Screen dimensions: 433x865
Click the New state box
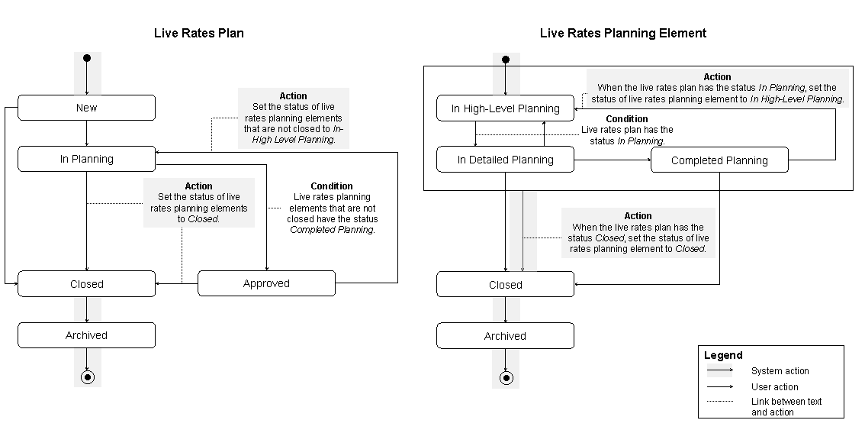point(86,108)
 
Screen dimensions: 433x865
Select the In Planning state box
point(86,159)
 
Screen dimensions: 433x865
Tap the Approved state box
point(266,283)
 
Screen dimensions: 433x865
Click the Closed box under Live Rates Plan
point(86,283)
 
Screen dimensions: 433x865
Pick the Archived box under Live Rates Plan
point(86,335)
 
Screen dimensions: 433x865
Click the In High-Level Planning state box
point(505,108)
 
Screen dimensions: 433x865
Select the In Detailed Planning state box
point(505,160)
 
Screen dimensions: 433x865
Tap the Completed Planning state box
point(719,160)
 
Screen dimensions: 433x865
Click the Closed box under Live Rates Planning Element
point(505,285)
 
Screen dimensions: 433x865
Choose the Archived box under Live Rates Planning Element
point(505,336)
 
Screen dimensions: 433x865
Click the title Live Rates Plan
point(199,33)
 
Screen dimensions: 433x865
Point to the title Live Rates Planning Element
point(623,33)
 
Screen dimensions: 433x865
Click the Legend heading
point(723,355)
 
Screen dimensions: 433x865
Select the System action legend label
point(780,371)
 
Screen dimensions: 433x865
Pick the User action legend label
point(775,387)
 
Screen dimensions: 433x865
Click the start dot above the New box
point(87,58)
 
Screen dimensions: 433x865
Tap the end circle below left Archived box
point(87,376)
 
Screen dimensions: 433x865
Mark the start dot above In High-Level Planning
point(505,59)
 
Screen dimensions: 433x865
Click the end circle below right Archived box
point(505,377)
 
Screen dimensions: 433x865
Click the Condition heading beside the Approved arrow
point(332,186)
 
